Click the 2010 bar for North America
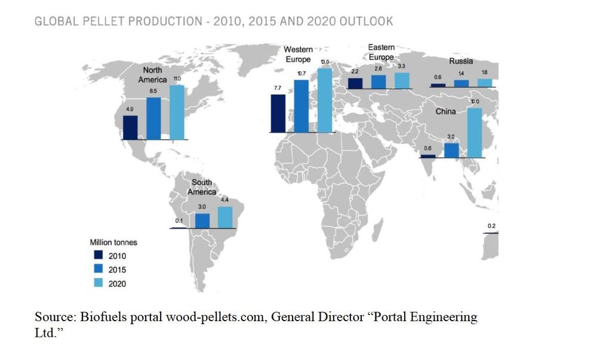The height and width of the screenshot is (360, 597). pos(130,127)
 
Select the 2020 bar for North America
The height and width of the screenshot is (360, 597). pos(177,112)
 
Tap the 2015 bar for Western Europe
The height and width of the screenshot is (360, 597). pos(301,106)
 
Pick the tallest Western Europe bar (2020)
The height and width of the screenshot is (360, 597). pos(324,100)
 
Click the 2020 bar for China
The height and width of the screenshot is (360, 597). pos(474,133)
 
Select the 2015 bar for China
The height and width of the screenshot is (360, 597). pos(451,150)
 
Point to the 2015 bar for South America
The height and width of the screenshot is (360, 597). pos(202,220)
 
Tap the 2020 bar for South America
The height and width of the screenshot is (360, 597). pos(225,217)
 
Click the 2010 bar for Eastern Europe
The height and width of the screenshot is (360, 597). pos(355,83)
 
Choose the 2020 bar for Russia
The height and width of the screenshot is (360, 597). pos(485,82)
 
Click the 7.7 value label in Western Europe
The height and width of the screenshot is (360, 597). pos(278,88)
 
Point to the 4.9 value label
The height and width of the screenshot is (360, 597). pos(130,109)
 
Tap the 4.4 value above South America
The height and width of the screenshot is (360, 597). pos(224,199)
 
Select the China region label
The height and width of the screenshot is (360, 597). pos(445,112)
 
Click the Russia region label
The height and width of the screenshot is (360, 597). pos(461,61)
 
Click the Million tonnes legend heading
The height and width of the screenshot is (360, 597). pos(113,242)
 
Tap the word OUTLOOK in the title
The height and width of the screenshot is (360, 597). pos(366,21)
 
